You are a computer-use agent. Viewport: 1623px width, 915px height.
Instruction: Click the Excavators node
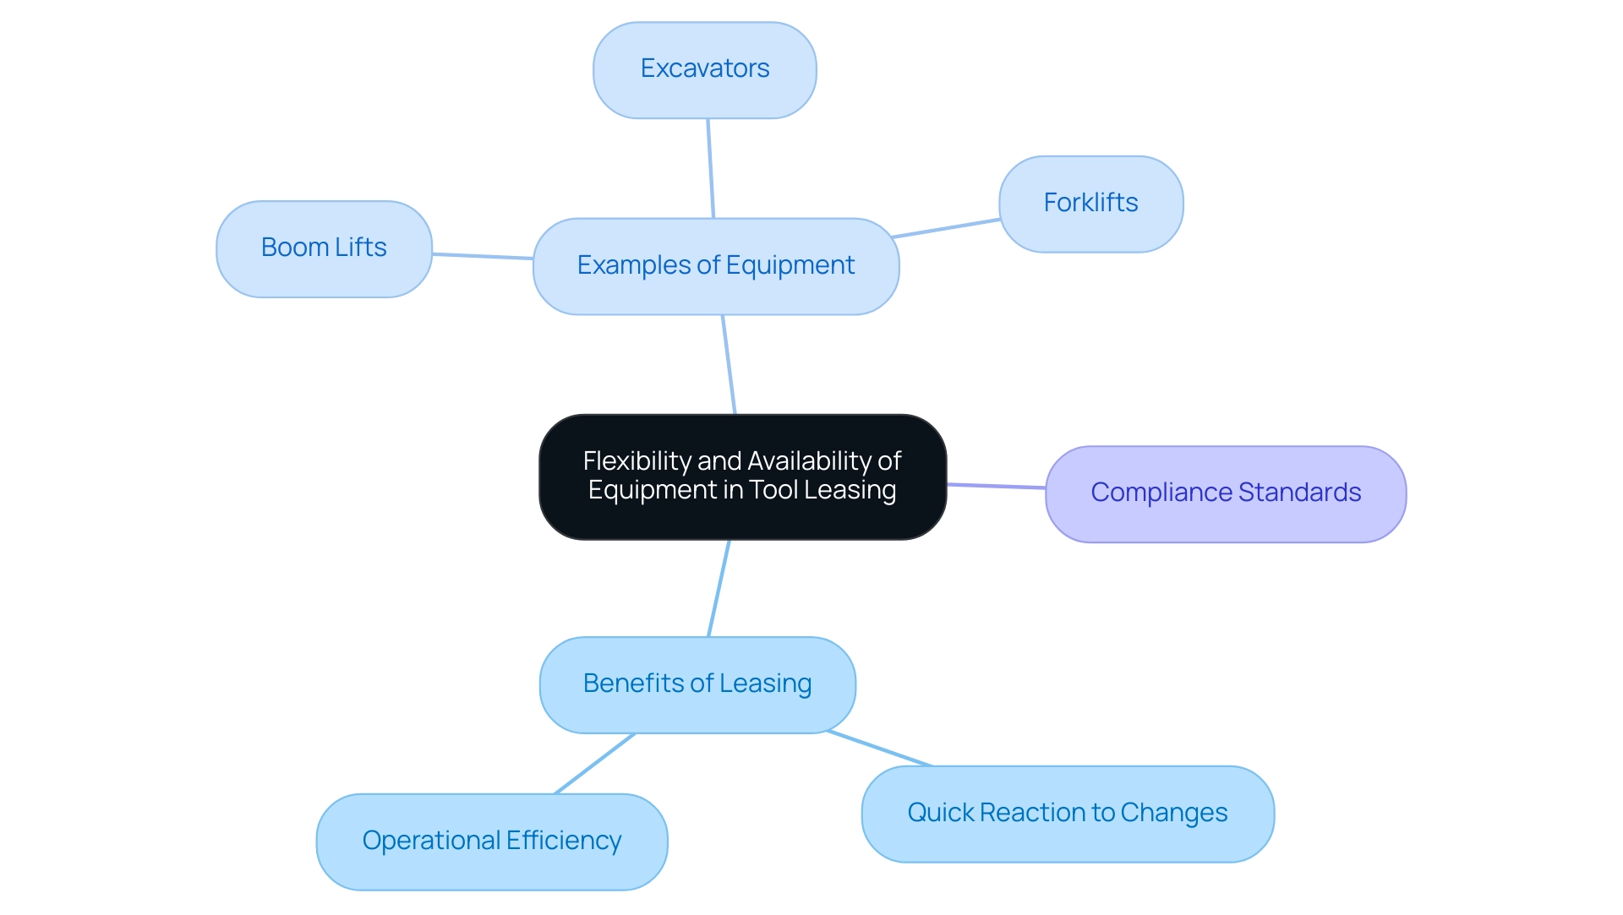pos(704,70)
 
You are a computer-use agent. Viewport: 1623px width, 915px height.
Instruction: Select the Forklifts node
pos(1090,204)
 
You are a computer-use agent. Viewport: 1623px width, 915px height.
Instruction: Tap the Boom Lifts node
pos(324,248)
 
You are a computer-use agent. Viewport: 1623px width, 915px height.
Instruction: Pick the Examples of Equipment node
pos(715,266)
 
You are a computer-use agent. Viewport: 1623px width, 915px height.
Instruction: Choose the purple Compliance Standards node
pos(1225,493)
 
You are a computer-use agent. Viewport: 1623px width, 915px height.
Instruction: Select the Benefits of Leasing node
pos(697,684)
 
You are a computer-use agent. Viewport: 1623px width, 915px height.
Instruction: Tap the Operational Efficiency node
pos(491,841)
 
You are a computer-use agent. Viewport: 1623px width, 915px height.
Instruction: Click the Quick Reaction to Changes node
pos(1067,814)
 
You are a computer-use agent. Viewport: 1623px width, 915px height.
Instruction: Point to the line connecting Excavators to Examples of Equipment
pos(710,168)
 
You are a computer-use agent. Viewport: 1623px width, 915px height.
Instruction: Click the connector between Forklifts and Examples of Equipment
pos(947,228)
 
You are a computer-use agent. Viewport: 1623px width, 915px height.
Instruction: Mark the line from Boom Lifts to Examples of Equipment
pos(483,256)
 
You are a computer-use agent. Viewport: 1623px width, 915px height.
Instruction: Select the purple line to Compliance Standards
pos(996,486)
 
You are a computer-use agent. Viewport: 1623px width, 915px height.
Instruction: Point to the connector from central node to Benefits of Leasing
pos(719,588)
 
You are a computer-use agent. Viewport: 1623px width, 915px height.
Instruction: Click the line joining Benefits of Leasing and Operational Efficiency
pos(594,764)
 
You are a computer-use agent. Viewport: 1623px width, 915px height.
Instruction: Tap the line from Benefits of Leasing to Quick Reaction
pos(880,749)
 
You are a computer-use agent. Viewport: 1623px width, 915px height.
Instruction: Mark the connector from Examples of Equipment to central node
pos(729,364)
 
